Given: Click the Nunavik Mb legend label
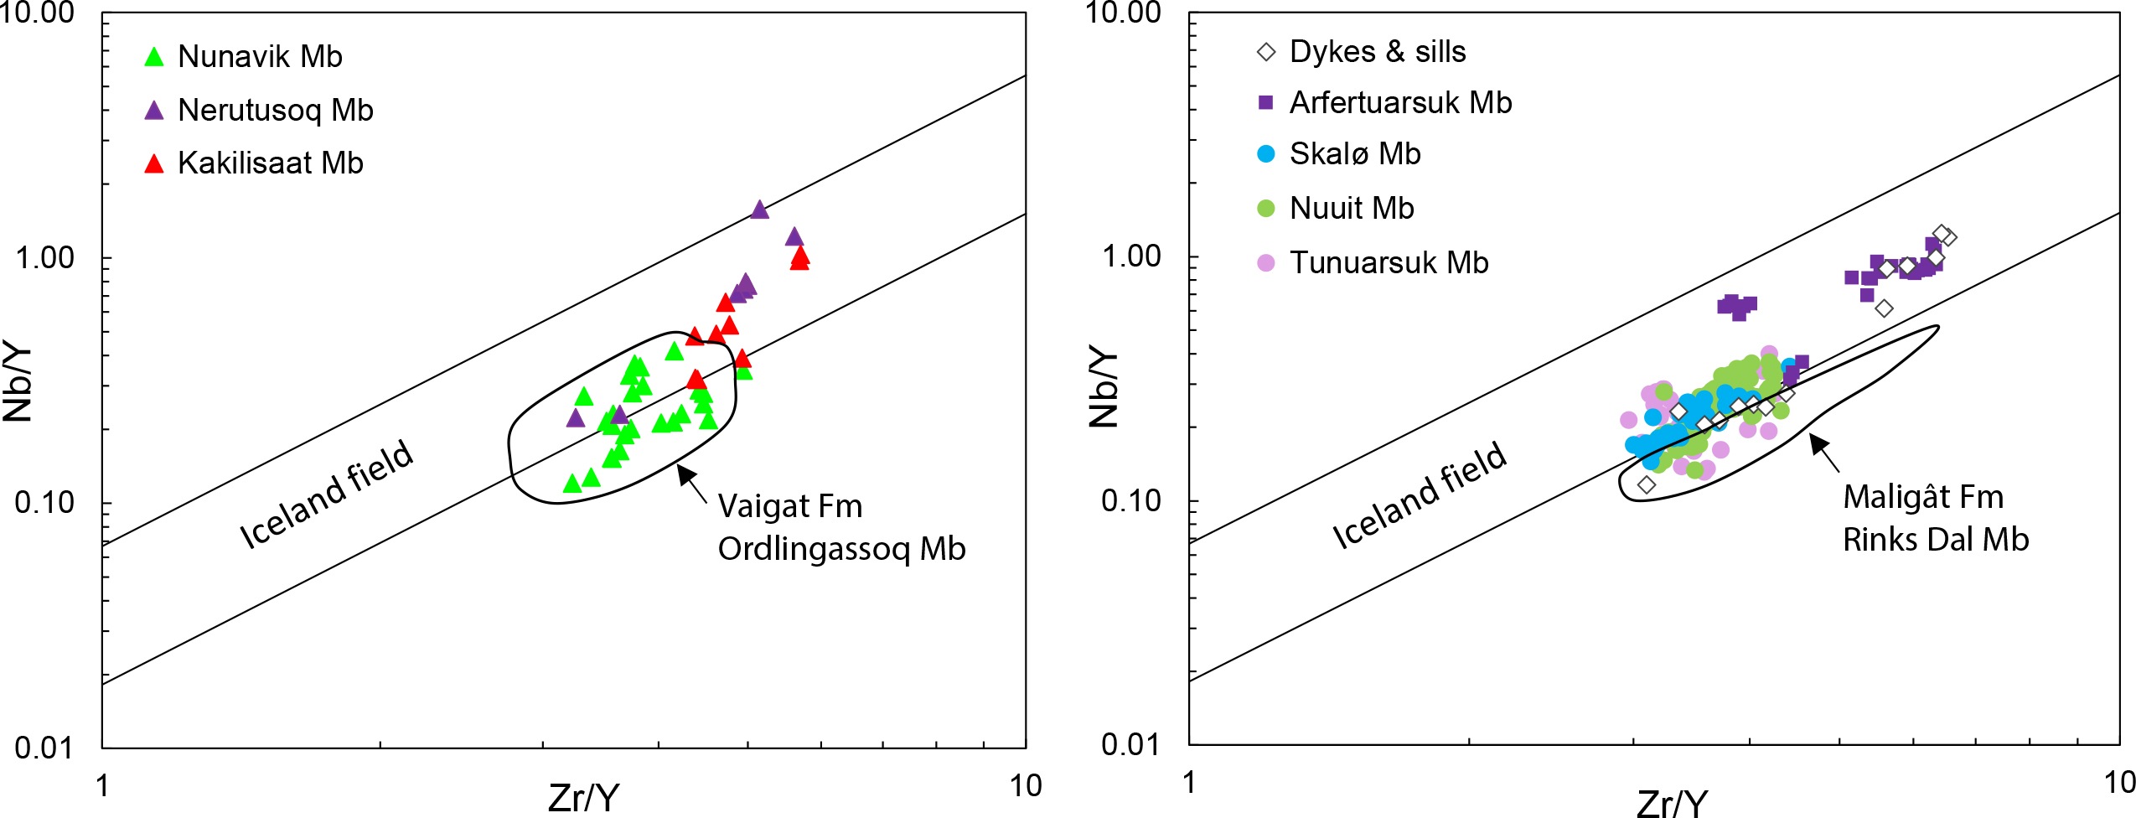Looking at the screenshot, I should [260, 57].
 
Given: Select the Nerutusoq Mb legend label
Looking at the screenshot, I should [275, 110].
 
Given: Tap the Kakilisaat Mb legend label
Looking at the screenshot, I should [270, 163].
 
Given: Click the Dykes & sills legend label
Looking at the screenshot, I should [1377, 52].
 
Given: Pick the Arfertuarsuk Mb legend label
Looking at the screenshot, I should [1400, 103].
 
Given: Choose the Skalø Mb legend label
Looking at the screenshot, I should [1354, 154].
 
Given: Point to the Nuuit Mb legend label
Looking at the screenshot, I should [1351, 208].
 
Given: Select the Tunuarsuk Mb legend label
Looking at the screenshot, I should [1389, 262].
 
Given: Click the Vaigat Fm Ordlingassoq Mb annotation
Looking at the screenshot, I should [840, 527].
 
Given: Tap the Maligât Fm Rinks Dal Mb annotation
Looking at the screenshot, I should [1935, 518].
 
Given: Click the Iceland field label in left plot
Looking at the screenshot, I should [327, 494].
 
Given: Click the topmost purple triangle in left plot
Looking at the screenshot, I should [759, 210].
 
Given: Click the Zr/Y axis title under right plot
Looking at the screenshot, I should [1671, 803].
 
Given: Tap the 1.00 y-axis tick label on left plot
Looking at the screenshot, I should [45, 257].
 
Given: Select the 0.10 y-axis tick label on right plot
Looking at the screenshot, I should [1131, 501].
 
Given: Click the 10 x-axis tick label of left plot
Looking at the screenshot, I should [1025, 785].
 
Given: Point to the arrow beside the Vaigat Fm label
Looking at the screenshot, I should [691, 484].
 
